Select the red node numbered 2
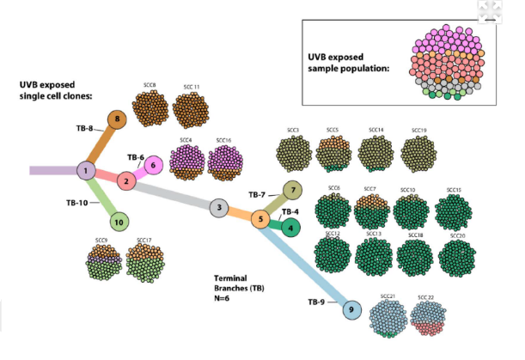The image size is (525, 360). click(126, 181)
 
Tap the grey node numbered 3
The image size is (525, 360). click(219, 207)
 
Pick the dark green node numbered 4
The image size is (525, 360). click(292, 227)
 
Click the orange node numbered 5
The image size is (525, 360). click(260, 220)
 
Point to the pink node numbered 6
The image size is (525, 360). click(152, 165)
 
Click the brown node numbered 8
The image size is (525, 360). click(117, 119)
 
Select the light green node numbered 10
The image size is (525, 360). click(119, 223)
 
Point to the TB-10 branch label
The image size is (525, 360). click(78, 203)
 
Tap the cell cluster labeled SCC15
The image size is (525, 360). click(455, 211)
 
